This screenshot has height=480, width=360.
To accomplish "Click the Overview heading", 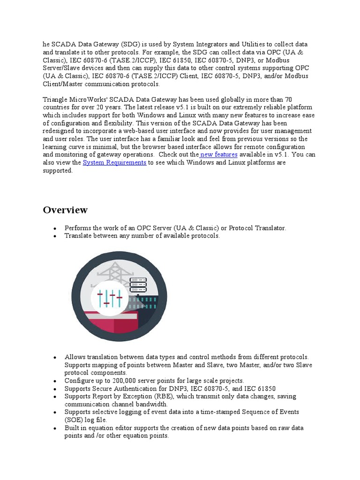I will pyautogui.click(x=65, y=210).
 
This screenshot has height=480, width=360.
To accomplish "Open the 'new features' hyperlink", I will pyautogui.click(x=219, y=155).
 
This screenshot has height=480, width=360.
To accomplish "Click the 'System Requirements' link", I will pyautogui.click(x=114, y=163).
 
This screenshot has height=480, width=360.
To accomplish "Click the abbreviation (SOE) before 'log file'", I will pyautogui.click(x=74, y=420).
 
